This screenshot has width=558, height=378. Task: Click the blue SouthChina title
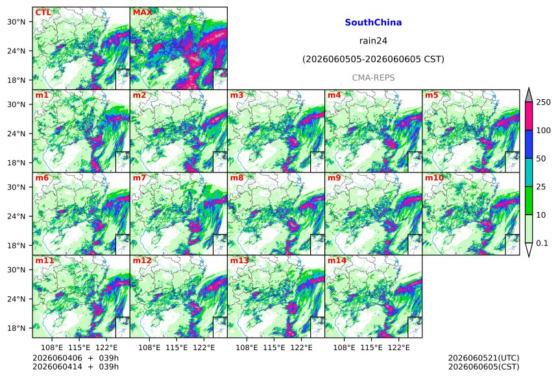point(373,23)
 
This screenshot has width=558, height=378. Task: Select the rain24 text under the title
point(373,41)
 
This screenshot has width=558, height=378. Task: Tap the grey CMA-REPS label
point(373,78)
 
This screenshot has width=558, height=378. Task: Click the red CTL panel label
point(43,12)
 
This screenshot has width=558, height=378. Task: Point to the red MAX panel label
point(142,12)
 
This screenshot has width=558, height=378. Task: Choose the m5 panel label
point(431,95)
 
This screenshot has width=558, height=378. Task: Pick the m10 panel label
point(434,178)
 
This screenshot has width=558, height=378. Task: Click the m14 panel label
point(337,261)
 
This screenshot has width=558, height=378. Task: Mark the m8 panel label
point(237,178)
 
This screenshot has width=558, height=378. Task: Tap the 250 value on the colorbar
point(544,102)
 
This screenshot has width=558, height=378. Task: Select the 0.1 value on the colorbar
point(542,243)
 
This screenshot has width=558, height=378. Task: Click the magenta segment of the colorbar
point(529,116)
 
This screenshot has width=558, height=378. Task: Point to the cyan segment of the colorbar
point(529,172)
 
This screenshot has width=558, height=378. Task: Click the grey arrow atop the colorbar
point(529,95)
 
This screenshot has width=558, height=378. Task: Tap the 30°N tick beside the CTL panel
point(16,21)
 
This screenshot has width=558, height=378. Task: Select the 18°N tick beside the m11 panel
point(16,328)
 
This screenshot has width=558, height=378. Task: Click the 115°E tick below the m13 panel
point(274,347)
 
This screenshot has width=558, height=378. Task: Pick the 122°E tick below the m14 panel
point(398,347)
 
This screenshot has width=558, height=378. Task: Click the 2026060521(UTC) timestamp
point(483,358)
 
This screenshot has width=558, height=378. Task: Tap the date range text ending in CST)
point(373,59)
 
